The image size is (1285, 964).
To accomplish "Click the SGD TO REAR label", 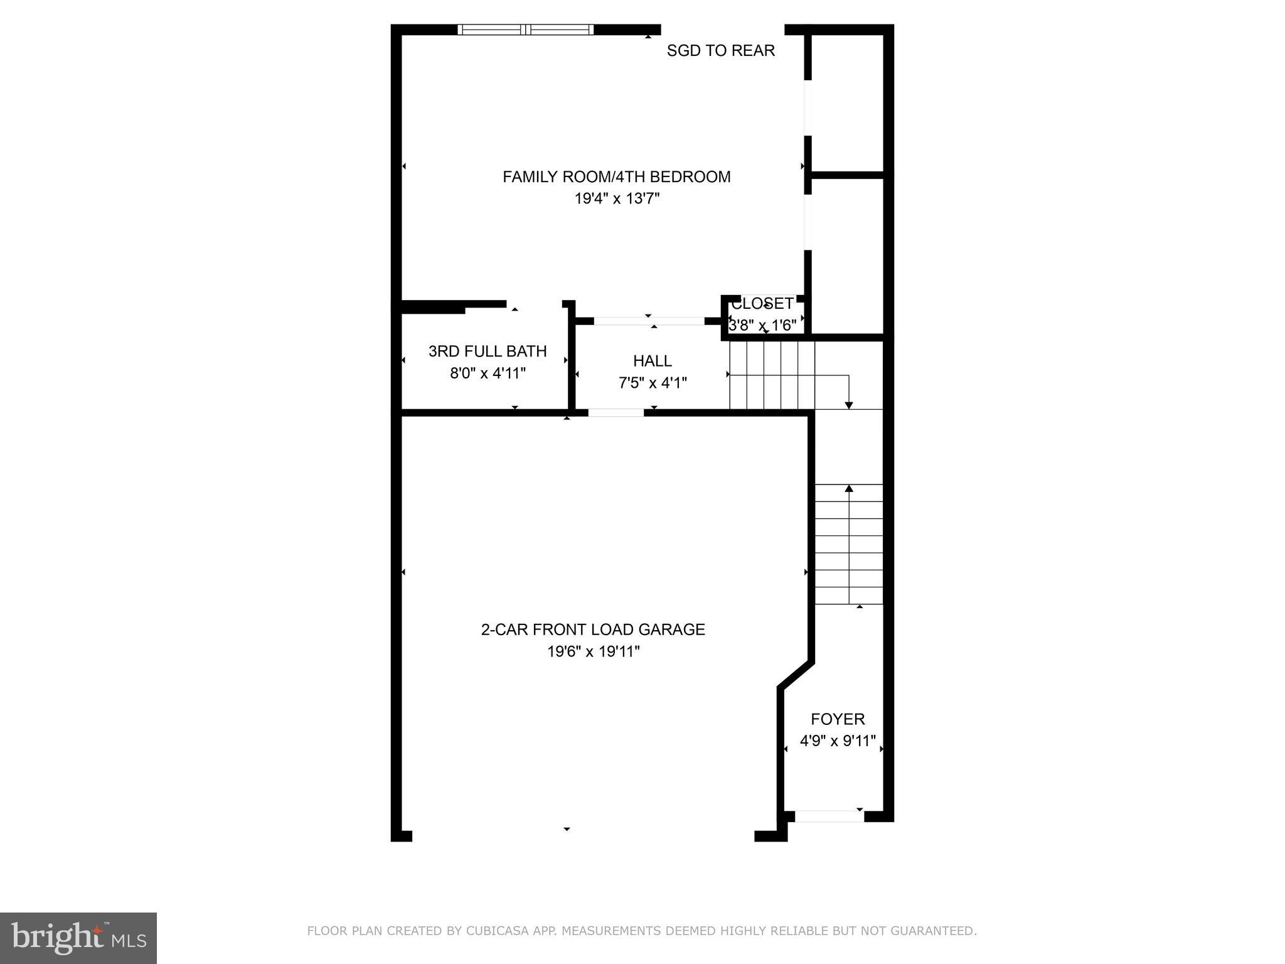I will (x=720, y=51).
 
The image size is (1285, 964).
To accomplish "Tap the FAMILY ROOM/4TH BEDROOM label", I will (x=616, y=177).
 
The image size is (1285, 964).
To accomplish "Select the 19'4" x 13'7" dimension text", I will (x=617, y=199).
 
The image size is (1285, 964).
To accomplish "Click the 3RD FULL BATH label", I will (x=488, y=351).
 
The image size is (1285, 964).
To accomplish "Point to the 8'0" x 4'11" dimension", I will (x=488, y=373).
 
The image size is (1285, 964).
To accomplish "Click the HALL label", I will (x=652, y=361).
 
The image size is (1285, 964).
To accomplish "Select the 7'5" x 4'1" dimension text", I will (x=653, y=383).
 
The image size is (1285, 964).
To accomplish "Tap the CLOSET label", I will (x=762, y=304).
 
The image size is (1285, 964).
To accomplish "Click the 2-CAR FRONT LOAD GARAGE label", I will (x=593, y=629).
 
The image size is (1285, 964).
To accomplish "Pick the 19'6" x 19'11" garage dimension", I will (x=593, y=651).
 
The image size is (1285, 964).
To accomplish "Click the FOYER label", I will (x=838, y=719).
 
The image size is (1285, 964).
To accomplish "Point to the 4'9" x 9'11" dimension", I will (x=838, y=741).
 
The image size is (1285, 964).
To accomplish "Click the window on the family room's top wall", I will (x=525, y=29).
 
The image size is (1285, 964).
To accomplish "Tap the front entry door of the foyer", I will (x=829, y=817).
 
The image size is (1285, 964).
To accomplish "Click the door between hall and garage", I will (x=616, y=413).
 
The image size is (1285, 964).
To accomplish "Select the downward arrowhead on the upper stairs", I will (x=849, y=405).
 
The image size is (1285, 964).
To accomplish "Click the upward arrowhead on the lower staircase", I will (x=849, y=488).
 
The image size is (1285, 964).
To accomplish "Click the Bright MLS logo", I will (x=78, y=938).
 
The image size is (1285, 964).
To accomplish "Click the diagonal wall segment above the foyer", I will (x=796, y=675).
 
